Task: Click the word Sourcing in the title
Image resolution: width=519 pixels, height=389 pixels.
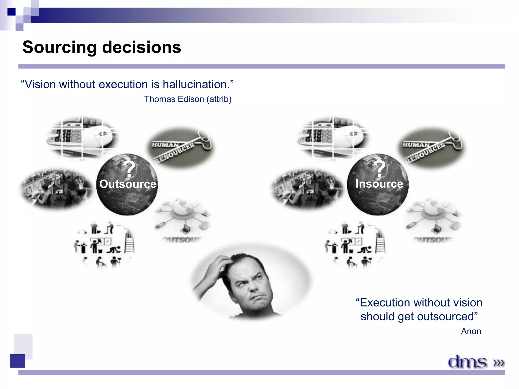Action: coord(60,47)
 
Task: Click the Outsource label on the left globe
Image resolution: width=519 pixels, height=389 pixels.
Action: coord(128,184)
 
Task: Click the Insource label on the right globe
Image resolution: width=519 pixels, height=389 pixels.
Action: coord(379,184)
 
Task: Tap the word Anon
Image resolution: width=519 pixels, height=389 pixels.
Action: coord(471,331)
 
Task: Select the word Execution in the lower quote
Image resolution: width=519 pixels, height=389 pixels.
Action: coord(385,303)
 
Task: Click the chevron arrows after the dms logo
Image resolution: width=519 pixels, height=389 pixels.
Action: coord(498,363)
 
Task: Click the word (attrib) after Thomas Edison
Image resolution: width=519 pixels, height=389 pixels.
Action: coord(219,99)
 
